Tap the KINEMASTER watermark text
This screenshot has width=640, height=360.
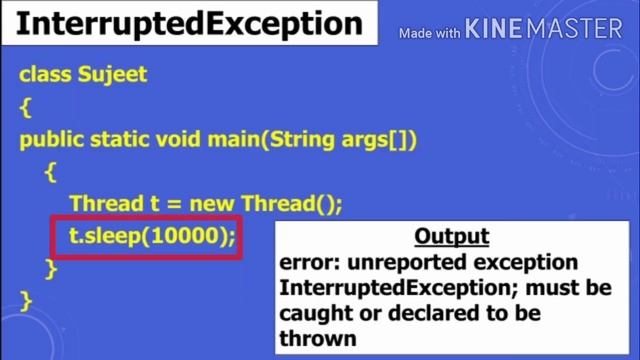544,31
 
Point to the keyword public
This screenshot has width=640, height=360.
51,139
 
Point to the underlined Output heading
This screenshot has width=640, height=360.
451,238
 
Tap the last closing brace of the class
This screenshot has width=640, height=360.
26,300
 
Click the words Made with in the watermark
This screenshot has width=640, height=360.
429,34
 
